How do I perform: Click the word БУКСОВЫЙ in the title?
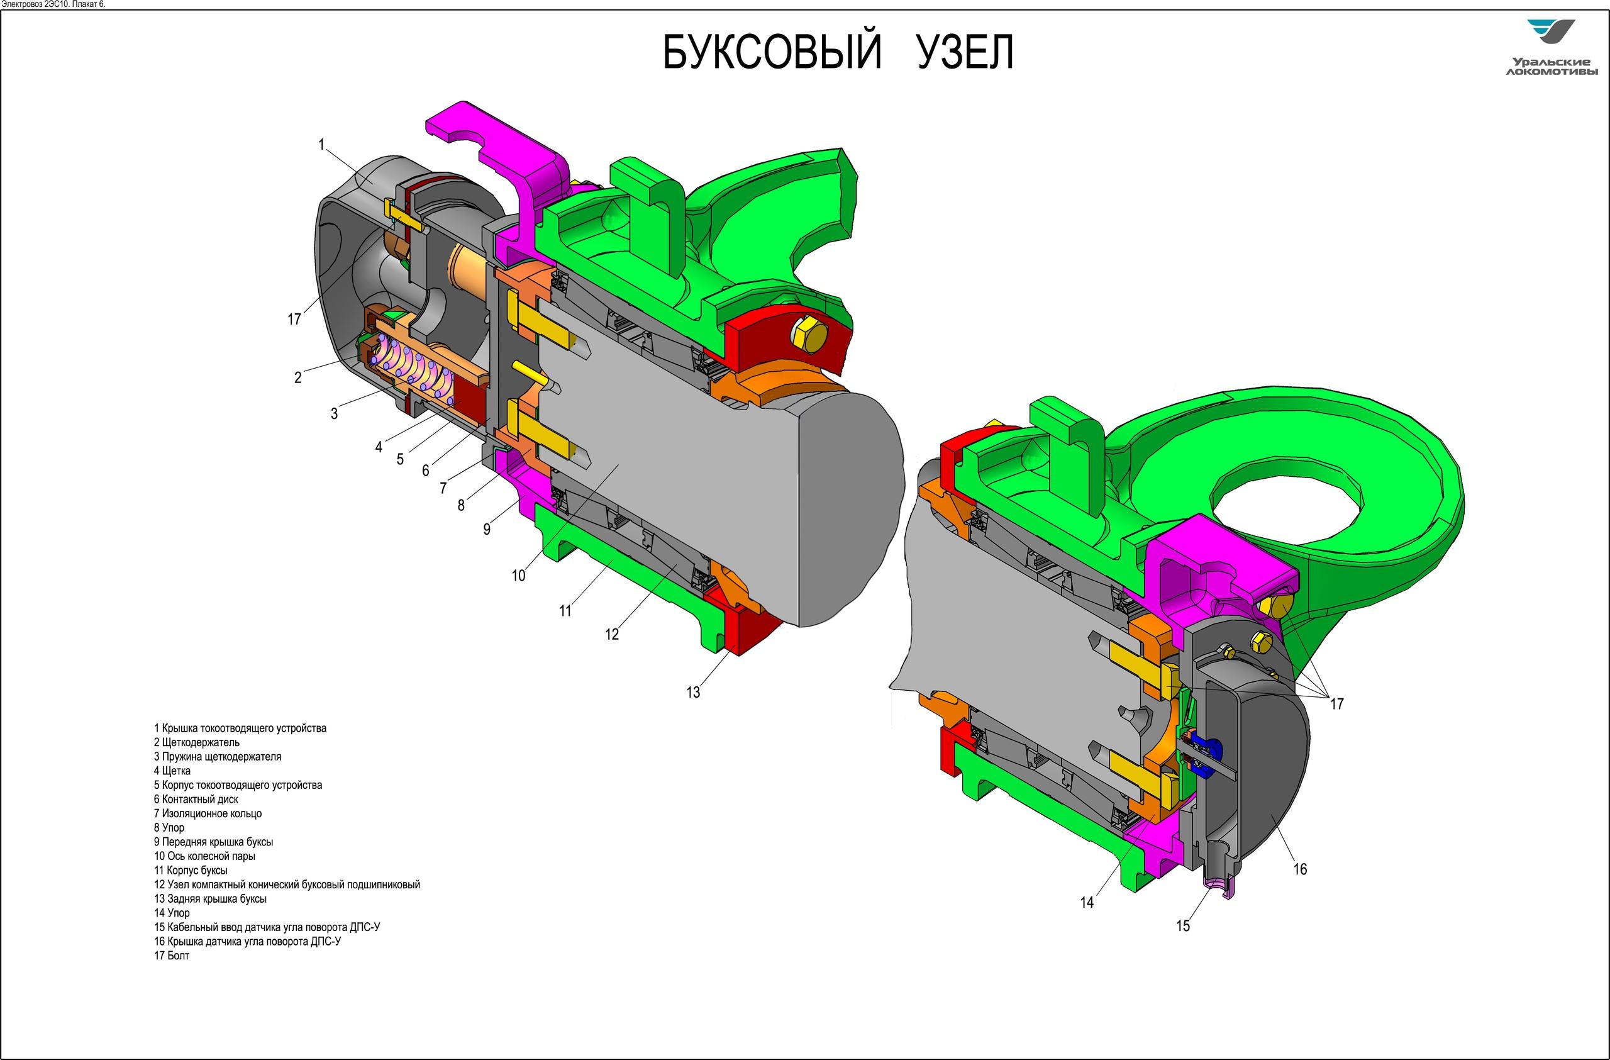772,52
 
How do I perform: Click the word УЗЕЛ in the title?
965,52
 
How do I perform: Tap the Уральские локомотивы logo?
1551,47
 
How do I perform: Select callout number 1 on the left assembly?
322,144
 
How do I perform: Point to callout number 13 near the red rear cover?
692,693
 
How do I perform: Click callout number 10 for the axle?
518,576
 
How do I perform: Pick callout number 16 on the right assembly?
1300,869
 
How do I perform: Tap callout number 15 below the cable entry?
1182,925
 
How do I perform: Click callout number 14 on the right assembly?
1086,902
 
